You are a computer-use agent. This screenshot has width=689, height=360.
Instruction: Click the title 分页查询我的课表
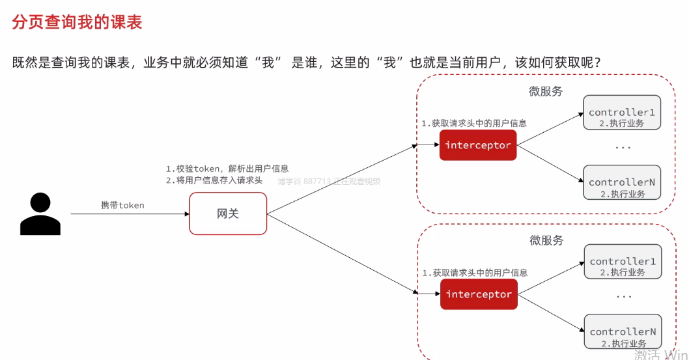pyautogui.click(x=77, y=22)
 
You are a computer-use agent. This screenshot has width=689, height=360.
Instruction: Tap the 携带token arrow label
pyautogui.click(x=122, y=205)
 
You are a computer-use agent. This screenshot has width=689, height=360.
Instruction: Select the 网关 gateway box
pyautogui.click(x=228, y=213)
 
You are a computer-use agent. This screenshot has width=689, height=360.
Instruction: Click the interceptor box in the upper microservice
pyautogui.click(x=478, y=145)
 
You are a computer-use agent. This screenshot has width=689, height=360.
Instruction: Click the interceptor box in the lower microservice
pyautogui.click(x=479, y=294)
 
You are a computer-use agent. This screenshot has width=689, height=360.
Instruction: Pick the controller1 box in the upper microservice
pyautogui.click(x=622, y=116)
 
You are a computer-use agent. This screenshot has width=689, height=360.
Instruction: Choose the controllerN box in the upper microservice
pyautogui.click(x=622, y=186)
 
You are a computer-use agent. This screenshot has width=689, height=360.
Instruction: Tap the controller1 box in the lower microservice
pyautogui.click(x=623, y=265)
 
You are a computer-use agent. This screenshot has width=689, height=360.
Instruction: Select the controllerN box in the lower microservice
pyautogui.click(x=623, y=335)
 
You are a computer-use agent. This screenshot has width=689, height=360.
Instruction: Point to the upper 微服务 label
pyautogui.click(x=546, y=91)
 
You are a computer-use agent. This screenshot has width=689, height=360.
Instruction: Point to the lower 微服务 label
pyautogui.click(x=546, y=240)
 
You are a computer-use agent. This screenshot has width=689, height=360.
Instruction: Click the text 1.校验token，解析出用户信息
pyautogui.click(x=227, y=168)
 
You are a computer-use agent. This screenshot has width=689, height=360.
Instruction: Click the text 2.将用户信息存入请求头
pyautogui.click(x=214, y=180)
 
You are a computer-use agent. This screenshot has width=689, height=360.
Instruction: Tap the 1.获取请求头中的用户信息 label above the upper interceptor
pyautogui.click(x=474, y=123)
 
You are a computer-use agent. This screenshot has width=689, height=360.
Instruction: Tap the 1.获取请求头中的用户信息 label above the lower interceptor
pyautogui.click(x=475, y=273)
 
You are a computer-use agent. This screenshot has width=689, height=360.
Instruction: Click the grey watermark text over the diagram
pyautogui.click(x=329, y=182)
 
